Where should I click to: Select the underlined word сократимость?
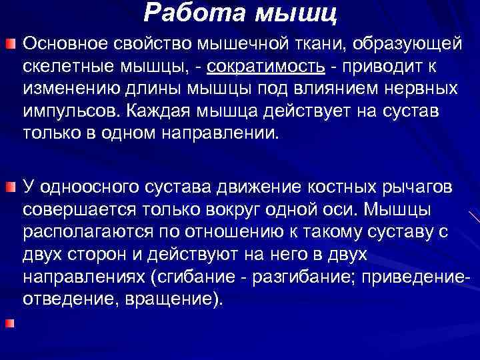tap(267, 67)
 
